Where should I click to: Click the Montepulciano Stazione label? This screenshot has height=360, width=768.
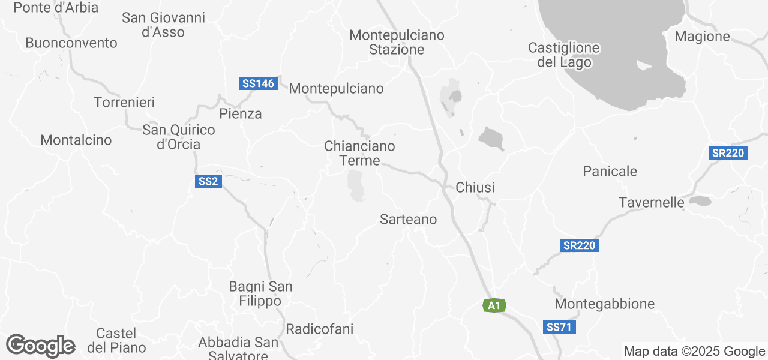pos(397,42)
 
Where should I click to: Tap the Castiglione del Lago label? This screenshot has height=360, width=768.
pos(563,55)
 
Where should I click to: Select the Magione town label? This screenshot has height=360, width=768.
pos(702,37)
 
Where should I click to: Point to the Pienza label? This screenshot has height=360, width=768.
pos(241,113)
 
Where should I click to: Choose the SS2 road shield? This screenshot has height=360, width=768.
pos(208,181)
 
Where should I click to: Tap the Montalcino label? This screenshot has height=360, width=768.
pos(76,140)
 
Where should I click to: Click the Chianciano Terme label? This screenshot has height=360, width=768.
pos(359,153)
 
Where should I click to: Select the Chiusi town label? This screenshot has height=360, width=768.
pos(475,188)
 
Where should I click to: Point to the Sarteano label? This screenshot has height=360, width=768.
pos(409,220)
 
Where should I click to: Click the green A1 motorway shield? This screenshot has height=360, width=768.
pos(494,306)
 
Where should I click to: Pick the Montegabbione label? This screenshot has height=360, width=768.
pos(605,304)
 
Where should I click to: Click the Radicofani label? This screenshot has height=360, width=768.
pos(319,329)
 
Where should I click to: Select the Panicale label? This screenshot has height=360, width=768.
pos(610,172)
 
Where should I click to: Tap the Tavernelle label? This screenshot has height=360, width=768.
pos(652,202)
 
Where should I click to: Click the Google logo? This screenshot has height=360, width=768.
pos(40,346)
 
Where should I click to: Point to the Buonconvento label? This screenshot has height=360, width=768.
pos(71,43)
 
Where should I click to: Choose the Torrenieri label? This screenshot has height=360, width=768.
pos(124,103)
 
